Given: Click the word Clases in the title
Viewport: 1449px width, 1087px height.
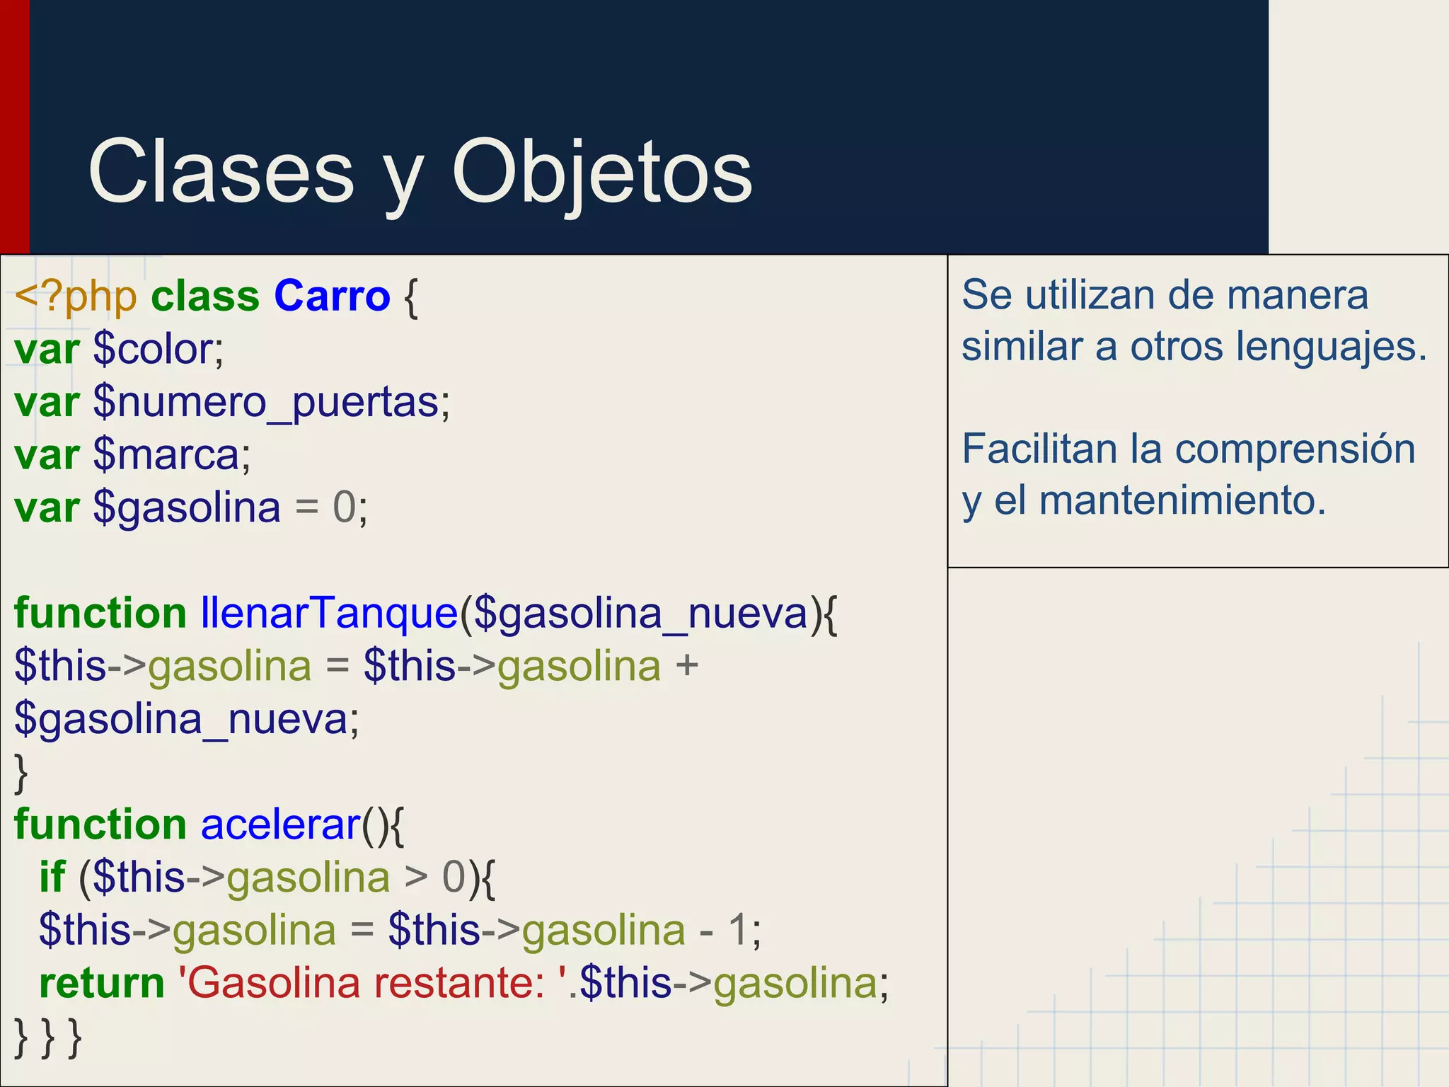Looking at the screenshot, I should pos(221,173).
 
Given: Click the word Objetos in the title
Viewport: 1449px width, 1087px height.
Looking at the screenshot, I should pos(602,173).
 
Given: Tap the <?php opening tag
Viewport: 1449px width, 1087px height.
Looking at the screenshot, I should pos(75,296).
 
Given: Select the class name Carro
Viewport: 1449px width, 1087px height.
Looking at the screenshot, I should pos(332,296).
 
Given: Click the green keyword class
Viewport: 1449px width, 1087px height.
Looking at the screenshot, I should pos(205,296).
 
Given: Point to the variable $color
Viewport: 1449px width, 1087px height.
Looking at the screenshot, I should pos(157,349).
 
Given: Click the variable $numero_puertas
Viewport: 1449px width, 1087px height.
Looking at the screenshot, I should pos(270,402).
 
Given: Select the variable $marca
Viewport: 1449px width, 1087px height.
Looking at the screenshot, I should pos(171,454).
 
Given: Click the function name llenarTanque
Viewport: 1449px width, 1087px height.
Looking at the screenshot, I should pos(330,613).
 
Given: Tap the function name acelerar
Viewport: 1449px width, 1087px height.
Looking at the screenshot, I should pos(281,824).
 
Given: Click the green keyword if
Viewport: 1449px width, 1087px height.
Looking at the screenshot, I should pos(52,877).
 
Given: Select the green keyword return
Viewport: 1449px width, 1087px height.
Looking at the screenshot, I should pos(102,983).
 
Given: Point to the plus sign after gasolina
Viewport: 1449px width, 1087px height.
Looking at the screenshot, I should pos(687,667).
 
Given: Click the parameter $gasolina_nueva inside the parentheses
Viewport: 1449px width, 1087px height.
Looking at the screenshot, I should pos(641,613).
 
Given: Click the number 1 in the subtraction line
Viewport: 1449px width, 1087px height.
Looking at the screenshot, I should pos(737,930).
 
